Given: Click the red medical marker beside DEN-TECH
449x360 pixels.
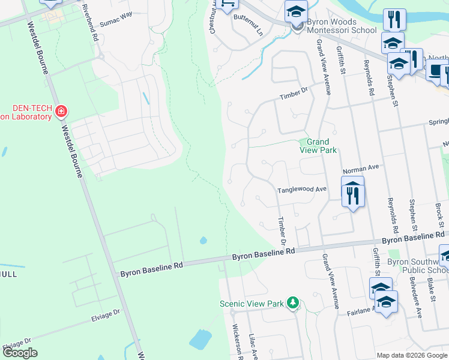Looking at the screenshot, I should (x=60, y=111).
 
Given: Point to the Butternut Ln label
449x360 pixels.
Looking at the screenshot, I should (x=248, y=19).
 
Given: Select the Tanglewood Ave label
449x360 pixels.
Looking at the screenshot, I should (x=301, y=190).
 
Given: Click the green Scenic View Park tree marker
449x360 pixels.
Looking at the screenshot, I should (x=292, y=303).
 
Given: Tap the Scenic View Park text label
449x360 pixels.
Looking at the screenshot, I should (x=252, y=304).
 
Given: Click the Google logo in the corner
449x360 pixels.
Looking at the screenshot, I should (x=20, y=353).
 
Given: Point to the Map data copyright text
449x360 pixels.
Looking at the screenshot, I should (x=412, y=355).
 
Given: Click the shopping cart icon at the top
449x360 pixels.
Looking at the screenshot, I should (x=228, y=5).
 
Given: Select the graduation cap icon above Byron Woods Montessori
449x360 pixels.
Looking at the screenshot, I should (x=295, y=11).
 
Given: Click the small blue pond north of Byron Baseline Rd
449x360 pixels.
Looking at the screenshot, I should (x=203, y=241).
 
